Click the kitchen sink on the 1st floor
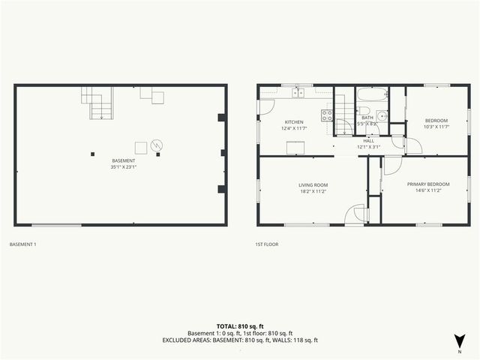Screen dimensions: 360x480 coord(298,93)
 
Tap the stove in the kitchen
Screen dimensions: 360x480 coord(327,115)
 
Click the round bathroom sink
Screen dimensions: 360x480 coord(381,115)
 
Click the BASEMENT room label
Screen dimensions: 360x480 coord(124,160)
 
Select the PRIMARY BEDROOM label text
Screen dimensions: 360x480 coord(428,184)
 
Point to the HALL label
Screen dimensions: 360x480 coord(368,140)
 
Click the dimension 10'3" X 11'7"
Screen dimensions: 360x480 coord(436,127)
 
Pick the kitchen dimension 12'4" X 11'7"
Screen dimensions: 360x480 coord(293,128)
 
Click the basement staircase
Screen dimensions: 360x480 coord(99,104)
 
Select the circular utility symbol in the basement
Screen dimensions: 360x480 coord(157,145)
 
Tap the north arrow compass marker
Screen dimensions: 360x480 coord(459,339)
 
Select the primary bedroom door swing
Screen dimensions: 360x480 coord(391,166)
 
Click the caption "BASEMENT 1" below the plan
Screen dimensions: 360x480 coord(22,244)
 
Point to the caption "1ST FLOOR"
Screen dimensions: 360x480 coord(266,244)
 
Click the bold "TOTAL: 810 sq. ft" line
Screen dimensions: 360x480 coord(240,326)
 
